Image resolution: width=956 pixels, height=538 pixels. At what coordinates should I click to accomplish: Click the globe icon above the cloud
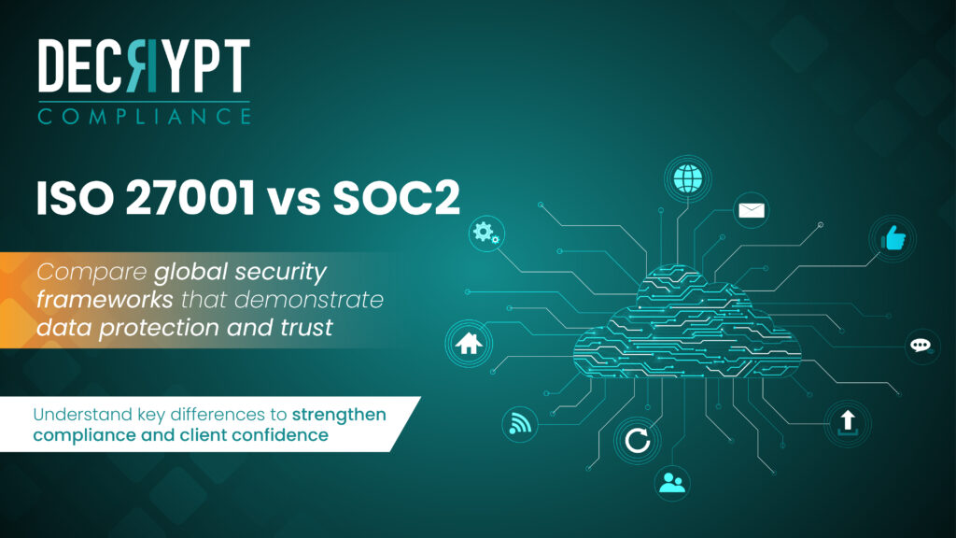688,178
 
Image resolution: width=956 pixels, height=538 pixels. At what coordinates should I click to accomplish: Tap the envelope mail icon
752,210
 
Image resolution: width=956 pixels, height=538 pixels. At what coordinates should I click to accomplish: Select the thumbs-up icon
893,238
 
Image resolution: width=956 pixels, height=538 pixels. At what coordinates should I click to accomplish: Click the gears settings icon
486,233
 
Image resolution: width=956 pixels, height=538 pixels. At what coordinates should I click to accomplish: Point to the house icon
469,343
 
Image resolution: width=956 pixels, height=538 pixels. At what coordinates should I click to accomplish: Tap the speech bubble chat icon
921,346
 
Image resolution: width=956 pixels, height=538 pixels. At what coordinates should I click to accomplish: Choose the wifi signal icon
519,423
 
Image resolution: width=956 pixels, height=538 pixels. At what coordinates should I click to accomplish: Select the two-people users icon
672,483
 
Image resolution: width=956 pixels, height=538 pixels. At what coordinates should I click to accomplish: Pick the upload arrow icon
848,423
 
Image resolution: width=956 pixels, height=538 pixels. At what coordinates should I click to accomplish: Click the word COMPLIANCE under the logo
145,116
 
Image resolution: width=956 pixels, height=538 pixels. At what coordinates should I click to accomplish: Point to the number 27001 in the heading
190,198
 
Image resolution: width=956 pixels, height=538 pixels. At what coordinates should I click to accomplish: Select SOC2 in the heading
396,198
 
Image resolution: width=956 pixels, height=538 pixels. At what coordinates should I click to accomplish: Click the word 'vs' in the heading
294,202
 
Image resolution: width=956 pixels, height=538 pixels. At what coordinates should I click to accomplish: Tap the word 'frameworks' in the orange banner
105,300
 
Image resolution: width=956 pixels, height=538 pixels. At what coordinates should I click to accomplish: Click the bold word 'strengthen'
339,416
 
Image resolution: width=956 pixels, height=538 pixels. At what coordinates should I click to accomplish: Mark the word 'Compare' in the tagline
91,273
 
